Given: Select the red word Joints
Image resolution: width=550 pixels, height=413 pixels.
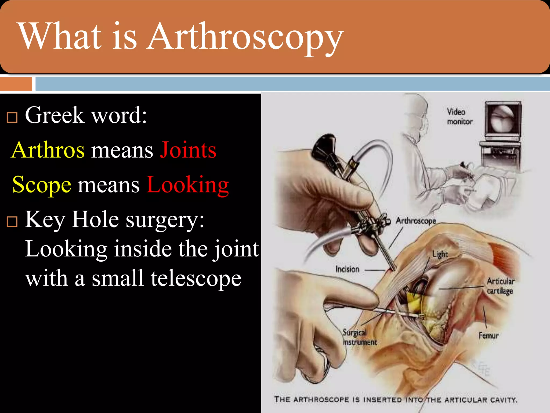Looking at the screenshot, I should (x=188, y=150).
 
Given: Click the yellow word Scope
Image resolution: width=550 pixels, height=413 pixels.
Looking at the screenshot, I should (x=42, y=185).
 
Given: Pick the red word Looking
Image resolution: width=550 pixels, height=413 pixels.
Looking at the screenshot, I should (x=188, y=185).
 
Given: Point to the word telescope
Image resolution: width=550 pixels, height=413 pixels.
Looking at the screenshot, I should (x=196, y=278).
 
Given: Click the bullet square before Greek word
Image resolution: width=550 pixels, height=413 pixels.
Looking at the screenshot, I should (x=12, y=117).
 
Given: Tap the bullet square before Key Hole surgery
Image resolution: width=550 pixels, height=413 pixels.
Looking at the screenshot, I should (x=12, y=222).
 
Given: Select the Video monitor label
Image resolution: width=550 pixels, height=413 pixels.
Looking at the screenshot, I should (x=459, y=117).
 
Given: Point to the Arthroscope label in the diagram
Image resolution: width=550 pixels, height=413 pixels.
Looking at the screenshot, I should (x=416, y=221).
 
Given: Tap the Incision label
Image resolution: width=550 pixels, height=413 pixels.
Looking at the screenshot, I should (x=347, y=269).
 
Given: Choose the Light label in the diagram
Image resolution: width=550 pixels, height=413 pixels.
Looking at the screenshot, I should (x=440, y=254).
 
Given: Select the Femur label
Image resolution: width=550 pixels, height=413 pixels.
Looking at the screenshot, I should (x=489, y=336).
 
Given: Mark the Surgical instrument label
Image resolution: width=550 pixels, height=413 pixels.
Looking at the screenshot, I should (x=360, y=337).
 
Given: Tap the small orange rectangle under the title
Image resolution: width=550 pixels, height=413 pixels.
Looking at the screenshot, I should (x=16, y=84).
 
